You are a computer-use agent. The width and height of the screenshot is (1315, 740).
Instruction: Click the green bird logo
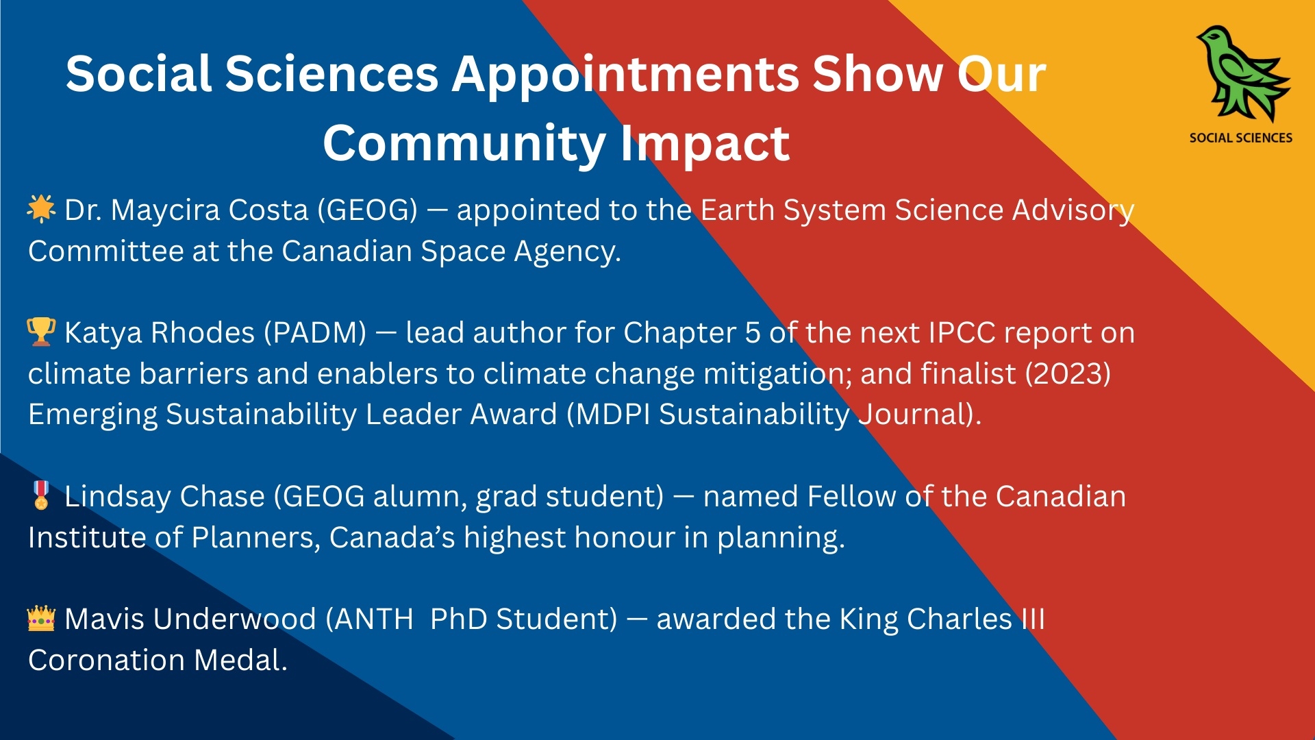1243,74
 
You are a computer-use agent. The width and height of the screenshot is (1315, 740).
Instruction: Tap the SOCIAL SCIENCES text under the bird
1240,138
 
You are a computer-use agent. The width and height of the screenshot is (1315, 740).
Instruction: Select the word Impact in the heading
705,145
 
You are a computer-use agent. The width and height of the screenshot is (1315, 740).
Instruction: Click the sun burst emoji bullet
41,209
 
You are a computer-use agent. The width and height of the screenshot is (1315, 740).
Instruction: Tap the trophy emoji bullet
41,332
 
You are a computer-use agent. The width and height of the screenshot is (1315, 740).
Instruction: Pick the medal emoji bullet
41,495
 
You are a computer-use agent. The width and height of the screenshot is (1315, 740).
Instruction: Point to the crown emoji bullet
41,618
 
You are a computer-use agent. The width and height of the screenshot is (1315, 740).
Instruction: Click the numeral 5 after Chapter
752,333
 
